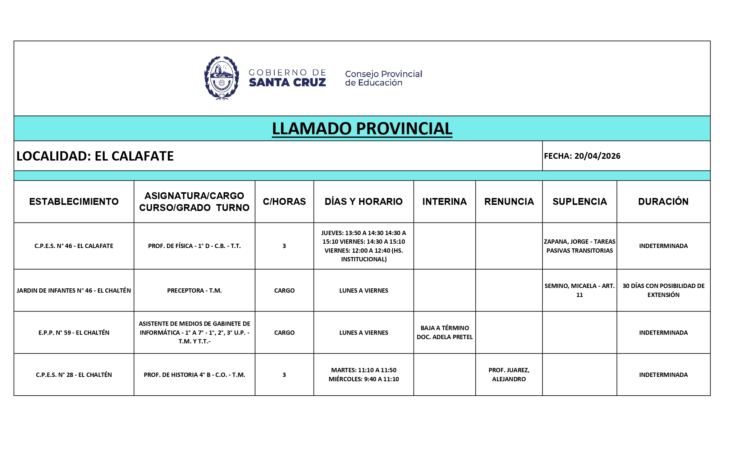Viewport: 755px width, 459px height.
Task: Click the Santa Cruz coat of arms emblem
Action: coord(221,78)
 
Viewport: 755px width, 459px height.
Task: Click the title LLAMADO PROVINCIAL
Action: coord(362,129)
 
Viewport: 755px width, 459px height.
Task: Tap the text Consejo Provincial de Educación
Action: coord(383,78)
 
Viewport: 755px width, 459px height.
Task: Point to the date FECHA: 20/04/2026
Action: coord(582,156)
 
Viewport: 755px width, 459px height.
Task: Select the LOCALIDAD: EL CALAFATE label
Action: coord(95,156)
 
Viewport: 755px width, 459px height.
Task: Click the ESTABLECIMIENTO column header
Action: coord(74,201)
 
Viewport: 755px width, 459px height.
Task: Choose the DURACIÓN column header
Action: coord(663,201)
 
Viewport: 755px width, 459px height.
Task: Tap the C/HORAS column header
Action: coord(284,201)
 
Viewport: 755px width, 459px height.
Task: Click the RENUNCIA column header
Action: coord(509,201)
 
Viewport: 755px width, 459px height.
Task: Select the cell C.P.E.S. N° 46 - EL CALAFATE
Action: coord(74,246)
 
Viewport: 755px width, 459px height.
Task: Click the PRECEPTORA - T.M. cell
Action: coord(194,291)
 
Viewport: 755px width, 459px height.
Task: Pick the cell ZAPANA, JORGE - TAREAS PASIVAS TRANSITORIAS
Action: coord(579,246)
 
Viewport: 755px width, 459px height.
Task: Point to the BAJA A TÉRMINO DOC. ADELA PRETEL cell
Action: coord(444,332)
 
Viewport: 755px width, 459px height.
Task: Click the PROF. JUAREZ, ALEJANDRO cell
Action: coord(509,374)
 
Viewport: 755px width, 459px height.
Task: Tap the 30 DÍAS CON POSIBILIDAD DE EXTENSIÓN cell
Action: coord(663,290)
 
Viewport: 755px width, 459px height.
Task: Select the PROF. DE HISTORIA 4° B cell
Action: coord(194,375)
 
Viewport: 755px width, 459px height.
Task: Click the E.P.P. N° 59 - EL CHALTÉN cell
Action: coord(74,333)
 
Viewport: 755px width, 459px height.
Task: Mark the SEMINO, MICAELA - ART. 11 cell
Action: coord(579,290)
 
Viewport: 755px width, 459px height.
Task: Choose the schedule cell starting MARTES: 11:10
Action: coord(363,374)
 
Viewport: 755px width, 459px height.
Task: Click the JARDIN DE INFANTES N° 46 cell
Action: coord(74,291)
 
